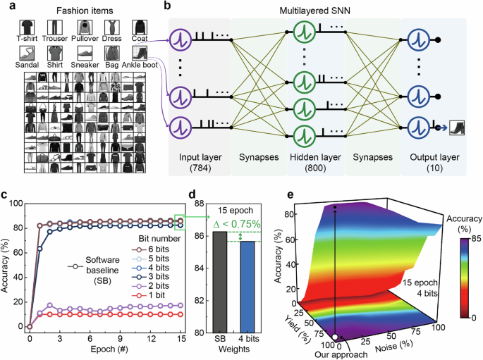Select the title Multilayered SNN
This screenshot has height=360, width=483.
coord(320,13)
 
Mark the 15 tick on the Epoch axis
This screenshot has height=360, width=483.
coord(181,337)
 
